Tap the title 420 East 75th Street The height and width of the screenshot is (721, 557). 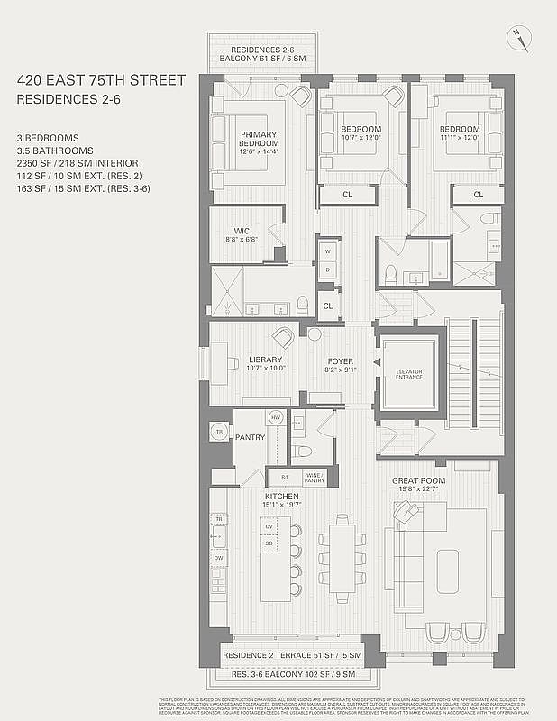(x=101, y=80)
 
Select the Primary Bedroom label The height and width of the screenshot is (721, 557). (x=258, y=141)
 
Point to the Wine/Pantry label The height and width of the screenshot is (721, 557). (x=314, y=478)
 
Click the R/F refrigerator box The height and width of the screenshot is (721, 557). (x=285, y=478)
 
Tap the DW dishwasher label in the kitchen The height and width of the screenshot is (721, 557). (x=218, y=559)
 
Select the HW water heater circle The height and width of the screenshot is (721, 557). (x=276, y=417)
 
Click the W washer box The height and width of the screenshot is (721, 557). (x=328, y=251)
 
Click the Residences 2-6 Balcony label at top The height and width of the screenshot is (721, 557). (x=268, y=54)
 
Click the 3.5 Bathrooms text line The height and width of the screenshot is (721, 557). (x=55, y=151)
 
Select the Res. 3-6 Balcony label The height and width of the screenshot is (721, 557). (x=292, y=674)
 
